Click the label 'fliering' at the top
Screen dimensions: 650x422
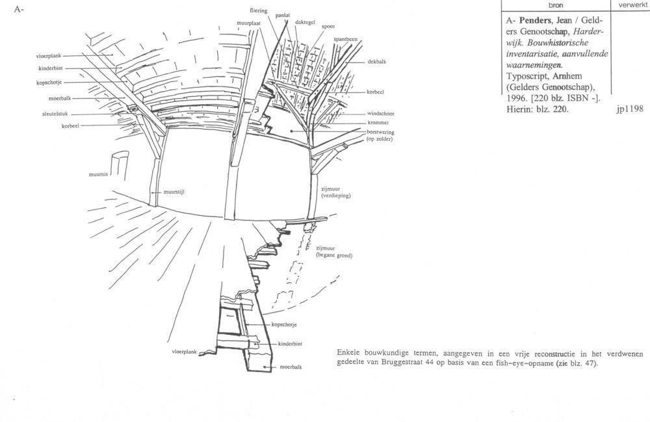258,11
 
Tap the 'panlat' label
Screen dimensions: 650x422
283,16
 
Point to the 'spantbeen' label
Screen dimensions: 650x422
345,40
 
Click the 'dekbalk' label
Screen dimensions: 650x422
377,61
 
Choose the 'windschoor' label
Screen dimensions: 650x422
380,113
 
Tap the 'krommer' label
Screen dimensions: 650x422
378,123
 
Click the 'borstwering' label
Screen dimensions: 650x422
380,132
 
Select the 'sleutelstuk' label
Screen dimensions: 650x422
55,114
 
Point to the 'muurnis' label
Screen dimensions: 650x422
98,174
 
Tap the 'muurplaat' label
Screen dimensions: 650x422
248,23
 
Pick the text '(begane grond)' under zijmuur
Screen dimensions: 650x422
334,256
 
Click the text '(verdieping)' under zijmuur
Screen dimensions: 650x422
336,195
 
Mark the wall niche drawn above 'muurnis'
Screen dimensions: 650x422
120,165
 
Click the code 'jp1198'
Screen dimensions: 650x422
630,109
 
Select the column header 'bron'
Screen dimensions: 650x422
556,5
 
